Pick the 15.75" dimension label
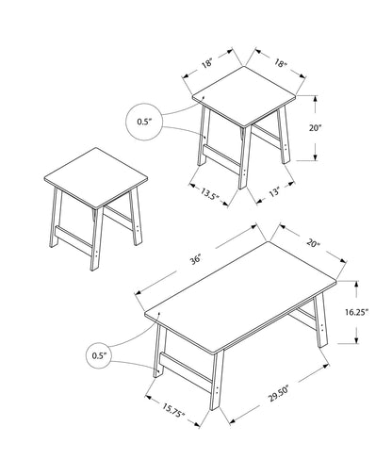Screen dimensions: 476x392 pyautogui.click(x=171, y=409)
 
